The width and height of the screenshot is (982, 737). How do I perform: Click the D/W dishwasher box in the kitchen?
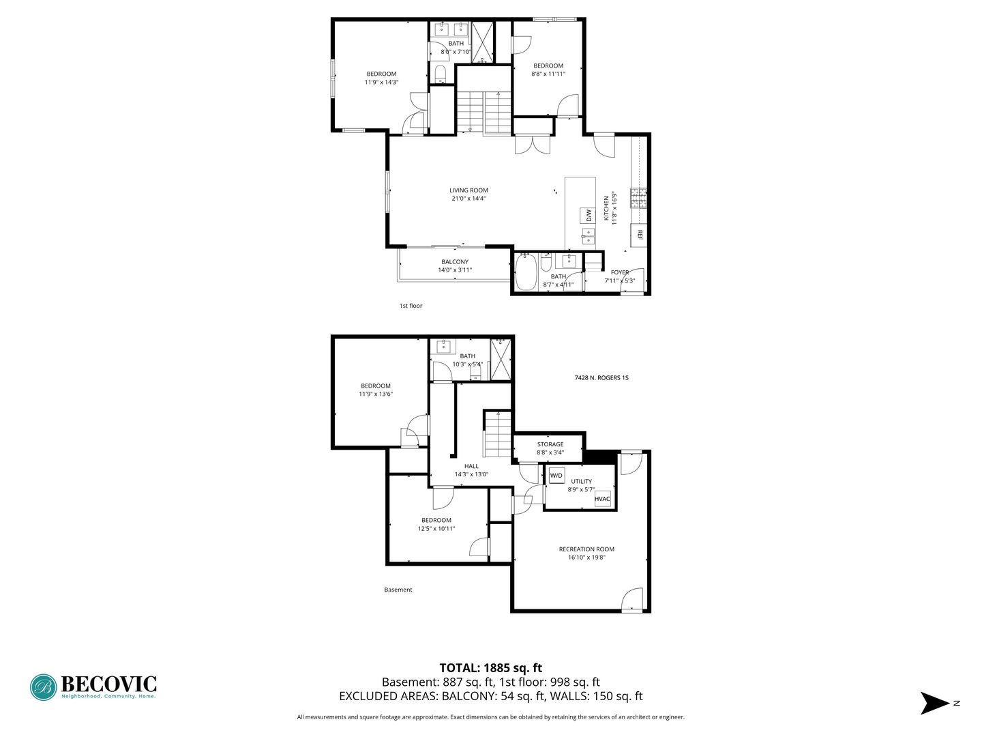587,216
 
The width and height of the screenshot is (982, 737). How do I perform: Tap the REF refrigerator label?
640,235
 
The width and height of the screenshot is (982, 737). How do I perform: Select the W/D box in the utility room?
556,475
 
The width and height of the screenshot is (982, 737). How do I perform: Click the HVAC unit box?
602,499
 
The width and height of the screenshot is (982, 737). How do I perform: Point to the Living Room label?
468,190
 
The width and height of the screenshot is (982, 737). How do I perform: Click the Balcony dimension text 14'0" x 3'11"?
455,270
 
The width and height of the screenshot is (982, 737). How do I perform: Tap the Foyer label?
619,272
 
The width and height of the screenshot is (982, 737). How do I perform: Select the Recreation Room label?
586,549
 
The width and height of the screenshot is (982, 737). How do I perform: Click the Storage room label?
550,444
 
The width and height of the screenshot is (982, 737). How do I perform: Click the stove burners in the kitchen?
638,198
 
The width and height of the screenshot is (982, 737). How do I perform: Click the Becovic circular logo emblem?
44,687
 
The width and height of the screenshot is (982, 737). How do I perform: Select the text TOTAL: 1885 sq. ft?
490,668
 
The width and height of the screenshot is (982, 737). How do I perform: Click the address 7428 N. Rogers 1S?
601,377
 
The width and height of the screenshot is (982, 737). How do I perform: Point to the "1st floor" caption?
411,306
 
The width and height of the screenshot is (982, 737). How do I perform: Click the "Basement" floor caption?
398,590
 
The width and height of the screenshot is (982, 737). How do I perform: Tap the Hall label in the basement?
471,466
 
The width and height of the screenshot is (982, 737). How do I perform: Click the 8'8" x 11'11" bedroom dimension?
548,74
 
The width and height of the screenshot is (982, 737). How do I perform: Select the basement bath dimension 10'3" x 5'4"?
467,364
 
